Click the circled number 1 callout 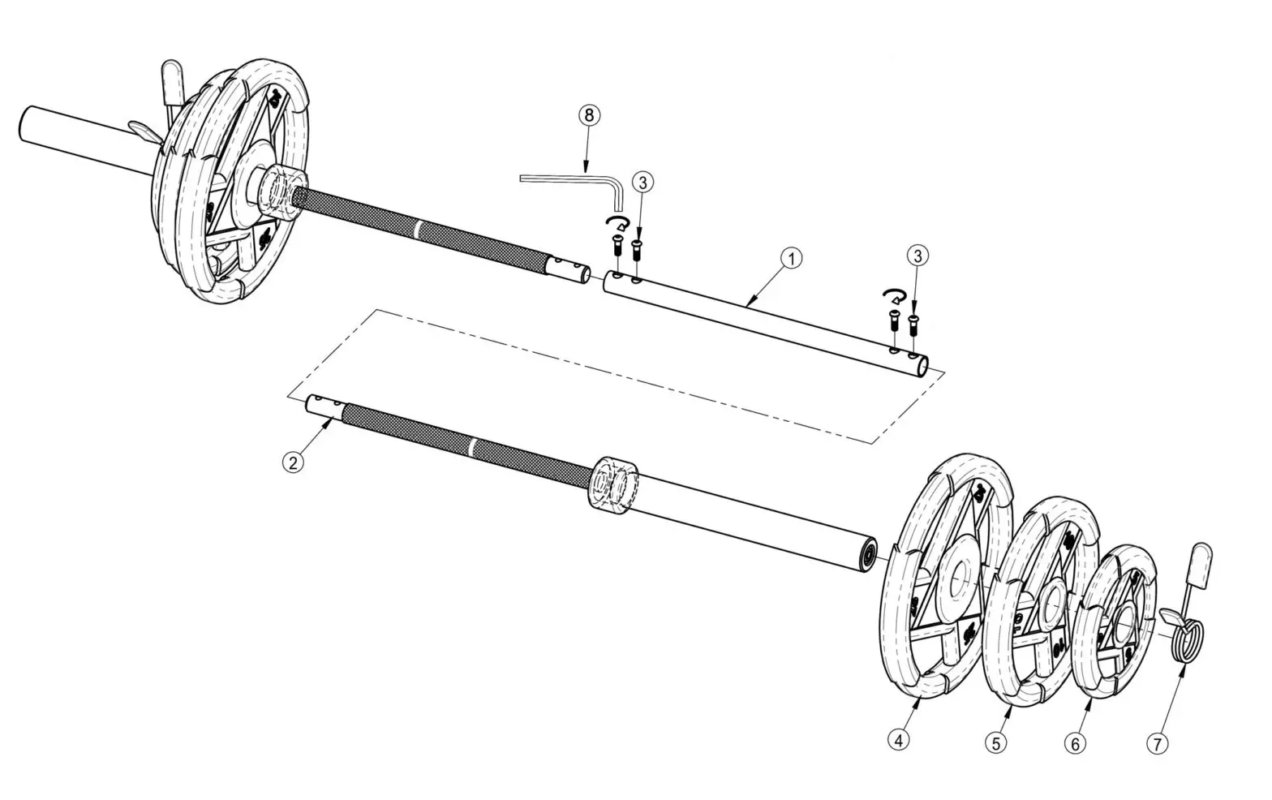point(791,259)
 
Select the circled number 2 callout point(293,462)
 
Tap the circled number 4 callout point(897,739)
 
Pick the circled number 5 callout point(995,742)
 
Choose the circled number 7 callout point(1157,742)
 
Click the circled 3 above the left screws point(642,183)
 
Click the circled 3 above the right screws point(917,256)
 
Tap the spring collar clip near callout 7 point(1185,627)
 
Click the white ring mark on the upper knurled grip point(417,230)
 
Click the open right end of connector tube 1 point(922,368)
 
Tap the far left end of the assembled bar point(24,126)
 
